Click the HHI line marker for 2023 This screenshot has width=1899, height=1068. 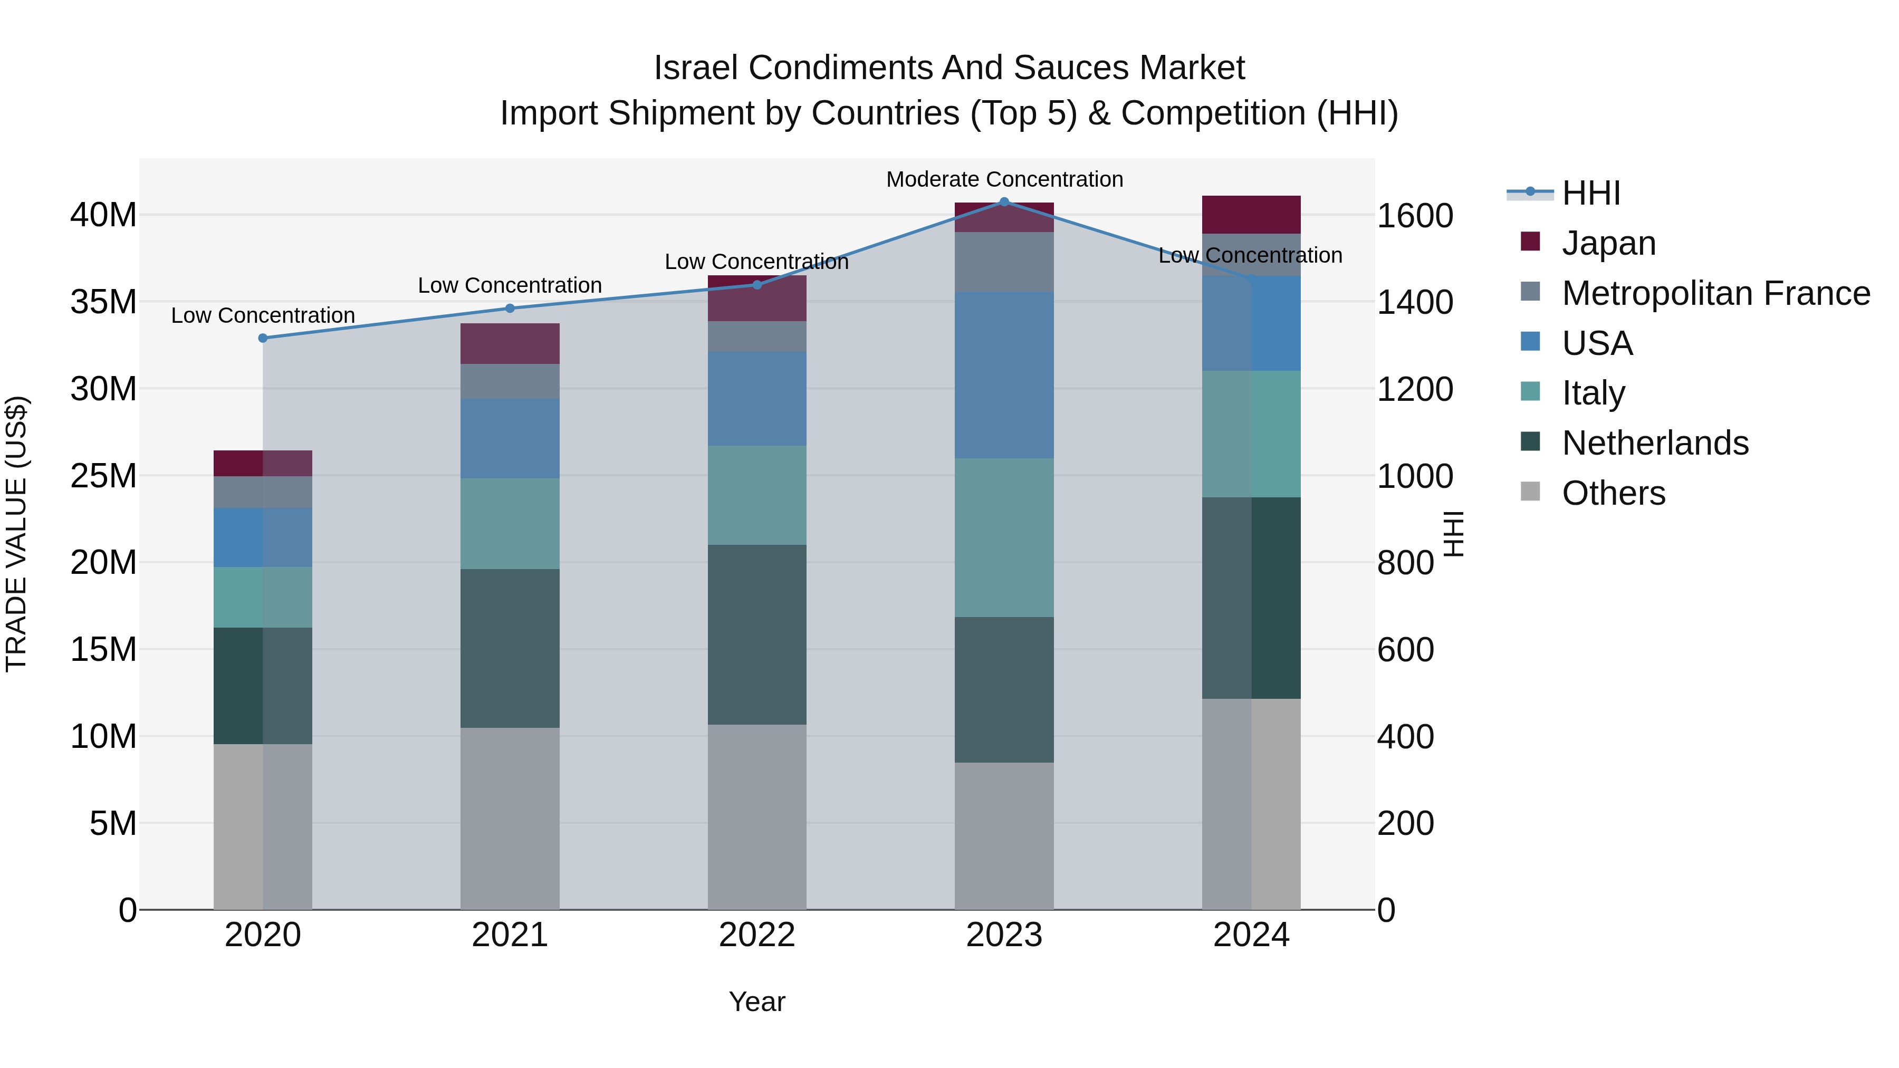click(1003, 201)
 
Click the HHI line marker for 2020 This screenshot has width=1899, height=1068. click(263, 338)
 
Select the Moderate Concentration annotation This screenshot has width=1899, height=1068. click(1004, 179)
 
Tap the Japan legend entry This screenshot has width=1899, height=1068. click(1608, 243)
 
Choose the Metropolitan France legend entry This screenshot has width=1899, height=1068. click(1715, 293)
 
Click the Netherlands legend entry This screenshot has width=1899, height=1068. click(1654, 443)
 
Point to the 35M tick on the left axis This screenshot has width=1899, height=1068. click(103, 302)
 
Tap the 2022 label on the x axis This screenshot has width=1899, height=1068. click(756, 935)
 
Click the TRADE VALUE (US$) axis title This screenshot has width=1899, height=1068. click(16, 534)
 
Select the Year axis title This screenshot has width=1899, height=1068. click(756, 1002)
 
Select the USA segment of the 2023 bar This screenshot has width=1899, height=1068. click(1003, 374)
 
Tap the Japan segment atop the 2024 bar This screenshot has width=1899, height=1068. click(1251, 215)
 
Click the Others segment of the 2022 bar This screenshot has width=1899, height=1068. click(756, 816)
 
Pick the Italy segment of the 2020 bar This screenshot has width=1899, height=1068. click(263, 597)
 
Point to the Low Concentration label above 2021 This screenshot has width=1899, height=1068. click(510, 285)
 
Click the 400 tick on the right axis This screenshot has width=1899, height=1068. click(1405, 736)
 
